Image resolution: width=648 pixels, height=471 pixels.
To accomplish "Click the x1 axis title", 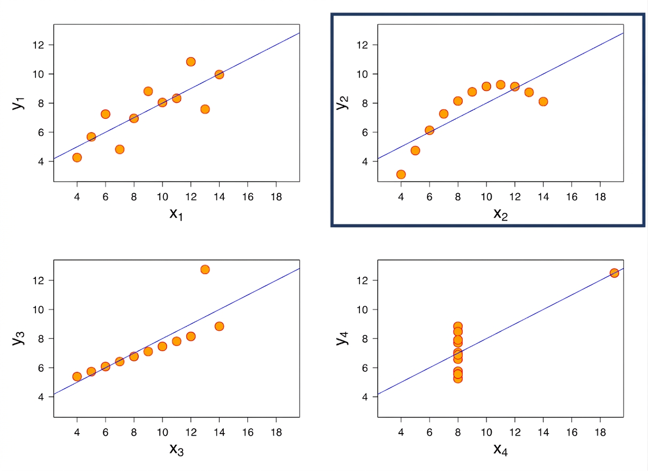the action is point(176,215).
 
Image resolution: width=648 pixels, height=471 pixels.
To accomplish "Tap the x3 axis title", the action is point(177,450).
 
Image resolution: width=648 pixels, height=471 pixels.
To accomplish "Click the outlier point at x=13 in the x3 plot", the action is point(205,269).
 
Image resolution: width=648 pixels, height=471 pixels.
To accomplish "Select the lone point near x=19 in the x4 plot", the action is point(614,273).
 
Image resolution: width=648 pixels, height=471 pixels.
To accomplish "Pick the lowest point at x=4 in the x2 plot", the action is point(401,174).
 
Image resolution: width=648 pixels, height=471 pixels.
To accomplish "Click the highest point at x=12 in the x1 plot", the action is point(191,62).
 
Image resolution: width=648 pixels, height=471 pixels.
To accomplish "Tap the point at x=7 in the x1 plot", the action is point(120,149).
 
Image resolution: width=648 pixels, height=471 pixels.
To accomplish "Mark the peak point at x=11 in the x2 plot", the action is point(501,85).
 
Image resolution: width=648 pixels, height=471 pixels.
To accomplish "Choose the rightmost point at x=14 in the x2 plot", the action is point(543,102).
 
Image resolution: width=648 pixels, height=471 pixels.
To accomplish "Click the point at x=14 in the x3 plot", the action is point(219,326).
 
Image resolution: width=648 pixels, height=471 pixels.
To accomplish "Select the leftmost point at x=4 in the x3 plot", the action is point(77,376).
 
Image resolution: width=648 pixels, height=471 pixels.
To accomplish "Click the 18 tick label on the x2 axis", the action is point(600,197).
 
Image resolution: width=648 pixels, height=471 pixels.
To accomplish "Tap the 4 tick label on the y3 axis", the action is point(41,397).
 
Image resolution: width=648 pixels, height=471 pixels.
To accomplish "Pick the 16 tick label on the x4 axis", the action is point(572,432).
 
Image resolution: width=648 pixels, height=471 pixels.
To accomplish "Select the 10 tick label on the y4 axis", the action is point(363,310).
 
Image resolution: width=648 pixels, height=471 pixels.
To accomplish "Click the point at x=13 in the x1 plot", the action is point(205,109).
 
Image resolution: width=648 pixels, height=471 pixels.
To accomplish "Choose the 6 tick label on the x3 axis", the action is point(106,432).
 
